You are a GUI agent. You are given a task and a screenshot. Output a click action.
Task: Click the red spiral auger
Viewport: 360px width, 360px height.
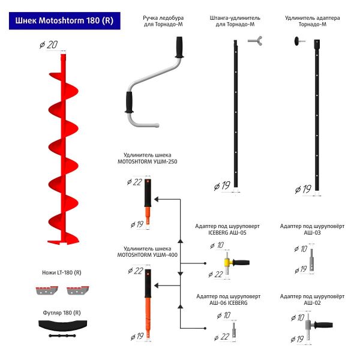pyautogui.click(x=62, y=150)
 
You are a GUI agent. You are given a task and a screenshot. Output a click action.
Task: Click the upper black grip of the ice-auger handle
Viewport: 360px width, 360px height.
pyautogui.click(x=178, y=47)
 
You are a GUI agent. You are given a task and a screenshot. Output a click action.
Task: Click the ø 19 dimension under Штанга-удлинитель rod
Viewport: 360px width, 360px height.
pyautogui.click(x=222, y=186)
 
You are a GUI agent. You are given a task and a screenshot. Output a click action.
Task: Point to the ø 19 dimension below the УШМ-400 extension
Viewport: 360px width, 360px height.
pyautogui.click(x=136, y=337)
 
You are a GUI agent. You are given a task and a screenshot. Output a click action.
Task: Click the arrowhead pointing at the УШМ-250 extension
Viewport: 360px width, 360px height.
pyautogui.click(x=158, y=199)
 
